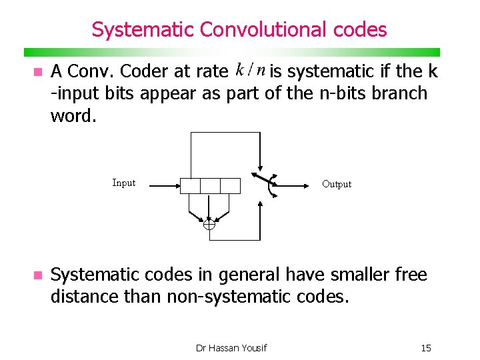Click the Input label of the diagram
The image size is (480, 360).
[x=124, y=183]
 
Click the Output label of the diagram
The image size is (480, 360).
[x=337, y=184]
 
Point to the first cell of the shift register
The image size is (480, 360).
[x=191, y=185]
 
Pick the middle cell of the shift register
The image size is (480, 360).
[x=210, y=185]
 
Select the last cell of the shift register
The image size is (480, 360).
[x=230, y=185]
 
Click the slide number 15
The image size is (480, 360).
[x=426, y=347]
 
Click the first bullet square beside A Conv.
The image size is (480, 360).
[x=37, y=71]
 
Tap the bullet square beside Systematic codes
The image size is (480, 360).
[x=37, y=275]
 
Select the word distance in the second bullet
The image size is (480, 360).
[x=85, y=295]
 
